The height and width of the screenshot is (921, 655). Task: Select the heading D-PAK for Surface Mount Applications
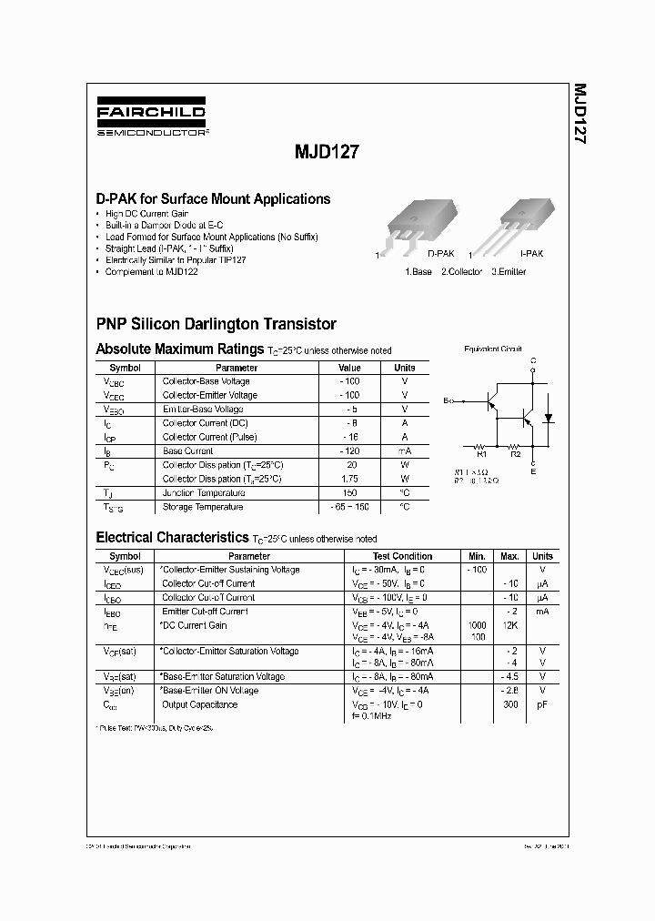click(213, 198)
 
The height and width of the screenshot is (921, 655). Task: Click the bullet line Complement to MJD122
click(152, 272)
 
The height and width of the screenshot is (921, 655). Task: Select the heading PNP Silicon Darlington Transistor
click(216, 324)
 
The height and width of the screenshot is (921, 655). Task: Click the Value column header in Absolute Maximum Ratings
click(349, 368)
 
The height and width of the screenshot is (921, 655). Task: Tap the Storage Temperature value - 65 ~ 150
click(349, 507)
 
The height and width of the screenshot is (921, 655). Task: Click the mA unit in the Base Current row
click(405, 451)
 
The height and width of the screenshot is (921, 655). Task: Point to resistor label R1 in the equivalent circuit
click(482, 452)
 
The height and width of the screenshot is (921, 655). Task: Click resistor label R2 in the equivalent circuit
click(515, 452)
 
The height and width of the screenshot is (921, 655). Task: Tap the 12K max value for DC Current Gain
click(509, 626)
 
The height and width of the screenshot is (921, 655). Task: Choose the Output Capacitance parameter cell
click(199, 704)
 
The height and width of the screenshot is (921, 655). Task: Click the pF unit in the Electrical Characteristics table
click(542, 704)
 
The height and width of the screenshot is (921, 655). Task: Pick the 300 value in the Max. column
click(509, 704)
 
